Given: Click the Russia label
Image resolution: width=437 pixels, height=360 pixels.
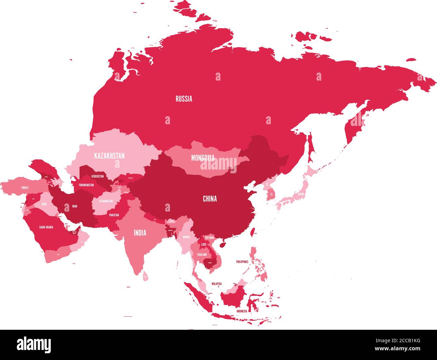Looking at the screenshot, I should click(184, 99).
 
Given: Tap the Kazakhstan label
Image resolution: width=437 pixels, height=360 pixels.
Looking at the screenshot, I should click(109, 156).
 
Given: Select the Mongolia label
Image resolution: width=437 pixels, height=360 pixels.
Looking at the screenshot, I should click(203, 157).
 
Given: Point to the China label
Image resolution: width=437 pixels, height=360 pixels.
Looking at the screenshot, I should click(210, 199).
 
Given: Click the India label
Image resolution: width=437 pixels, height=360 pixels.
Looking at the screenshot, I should click(140, 232).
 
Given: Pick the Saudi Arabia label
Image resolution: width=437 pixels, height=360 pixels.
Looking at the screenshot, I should click(46, 227).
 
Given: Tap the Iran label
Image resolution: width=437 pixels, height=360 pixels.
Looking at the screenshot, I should click(74, 207).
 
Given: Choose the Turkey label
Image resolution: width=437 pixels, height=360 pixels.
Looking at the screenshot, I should click(25, 188).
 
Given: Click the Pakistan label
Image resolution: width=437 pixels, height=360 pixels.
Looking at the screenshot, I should click(114, 215).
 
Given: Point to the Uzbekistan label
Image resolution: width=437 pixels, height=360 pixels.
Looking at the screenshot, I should click(97, 176).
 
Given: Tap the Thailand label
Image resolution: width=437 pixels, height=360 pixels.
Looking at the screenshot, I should click(202, 255).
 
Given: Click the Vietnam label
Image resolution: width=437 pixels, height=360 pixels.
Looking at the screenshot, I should click(209, 238).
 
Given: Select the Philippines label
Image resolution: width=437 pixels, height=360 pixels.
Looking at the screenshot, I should click(242, 261).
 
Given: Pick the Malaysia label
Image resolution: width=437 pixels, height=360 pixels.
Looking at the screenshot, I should click(216, 284).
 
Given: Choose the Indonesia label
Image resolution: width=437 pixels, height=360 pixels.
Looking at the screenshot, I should click(242, 311).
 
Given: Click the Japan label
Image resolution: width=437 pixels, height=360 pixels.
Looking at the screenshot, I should click(301, 194).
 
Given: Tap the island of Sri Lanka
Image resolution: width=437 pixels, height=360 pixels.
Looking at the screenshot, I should click(145, 276).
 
